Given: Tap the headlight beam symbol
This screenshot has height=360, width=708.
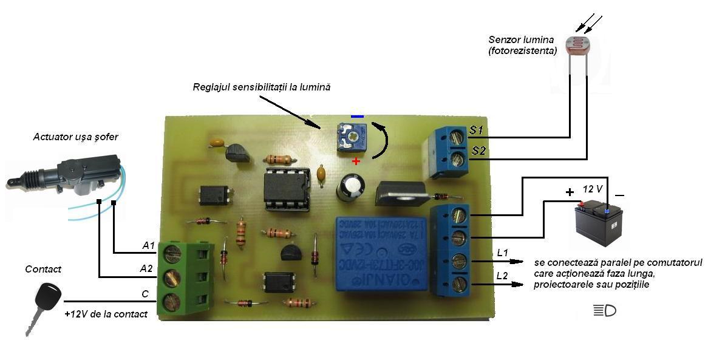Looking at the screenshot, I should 604,311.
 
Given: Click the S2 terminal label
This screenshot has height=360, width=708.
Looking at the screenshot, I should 478,151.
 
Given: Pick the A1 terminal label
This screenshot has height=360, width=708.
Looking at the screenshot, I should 148,245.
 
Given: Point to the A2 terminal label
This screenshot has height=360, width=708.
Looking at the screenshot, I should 146,268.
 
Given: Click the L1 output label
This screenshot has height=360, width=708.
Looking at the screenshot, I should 502,253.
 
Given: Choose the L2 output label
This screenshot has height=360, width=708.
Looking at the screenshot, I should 502,276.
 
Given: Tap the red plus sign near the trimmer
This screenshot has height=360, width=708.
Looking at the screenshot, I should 356,161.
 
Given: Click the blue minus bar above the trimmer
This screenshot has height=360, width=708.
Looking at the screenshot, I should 357,116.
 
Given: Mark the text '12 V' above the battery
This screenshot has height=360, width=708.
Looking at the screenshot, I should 593,189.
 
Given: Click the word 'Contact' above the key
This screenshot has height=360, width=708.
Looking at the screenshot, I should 43,269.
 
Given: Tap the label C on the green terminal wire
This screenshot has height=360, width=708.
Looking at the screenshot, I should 145,294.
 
